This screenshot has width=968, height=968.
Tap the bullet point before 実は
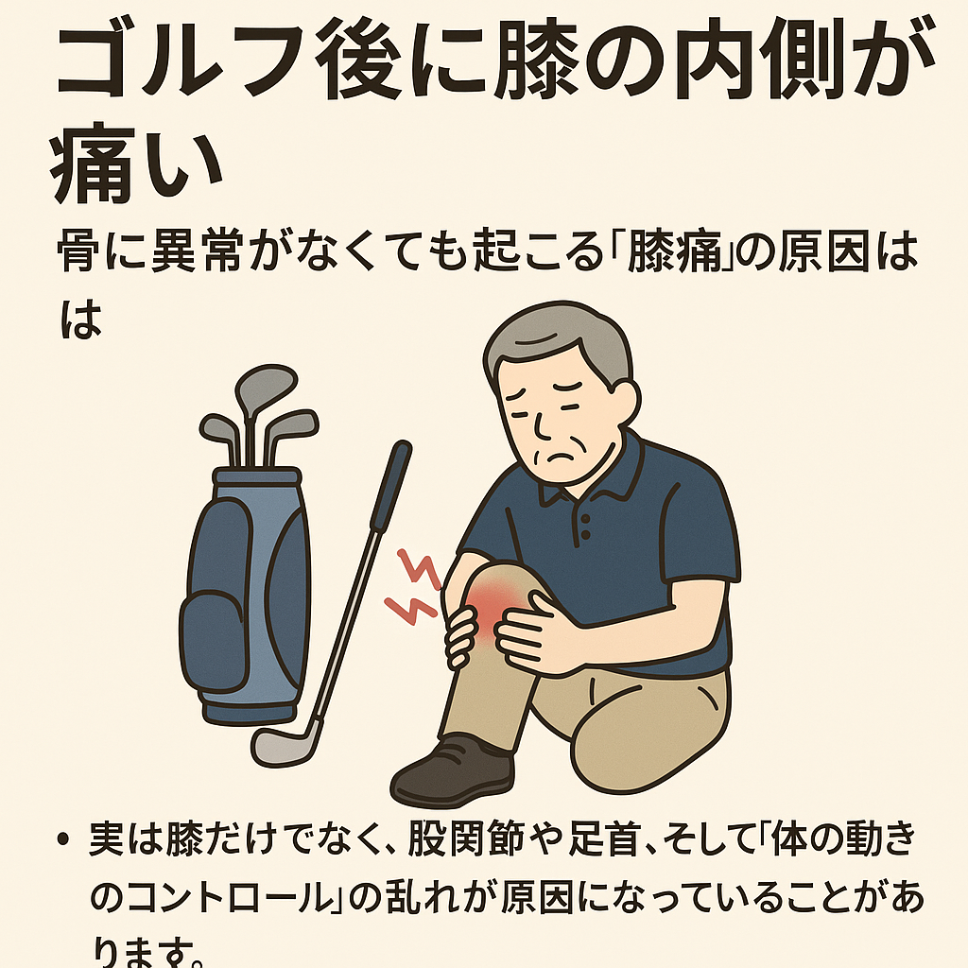click(62, 839)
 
